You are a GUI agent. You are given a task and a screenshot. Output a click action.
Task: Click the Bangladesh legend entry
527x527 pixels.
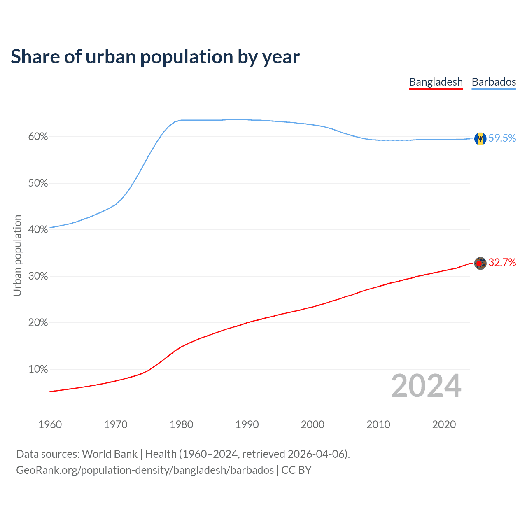click(x=436, y=82)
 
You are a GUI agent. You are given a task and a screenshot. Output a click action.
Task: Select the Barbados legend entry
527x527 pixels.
click(x=494, y=82)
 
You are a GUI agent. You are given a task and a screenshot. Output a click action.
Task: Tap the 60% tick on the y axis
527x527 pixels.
click(x=38, y=137)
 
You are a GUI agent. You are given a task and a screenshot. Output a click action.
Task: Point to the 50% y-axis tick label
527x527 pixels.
click(x=38, y=183)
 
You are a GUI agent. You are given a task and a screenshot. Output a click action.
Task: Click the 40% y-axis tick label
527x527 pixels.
click(x=38, y=230)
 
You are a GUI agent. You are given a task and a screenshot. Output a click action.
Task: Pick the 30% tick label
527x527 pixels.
click(x=38, y=276)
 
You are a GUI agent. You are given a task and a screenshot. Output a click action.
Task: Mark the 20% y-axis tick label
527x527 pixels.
click(x=38, y=323)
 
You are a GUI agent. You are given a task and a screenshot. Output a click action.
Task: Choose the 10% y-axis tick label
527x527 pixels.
click(x=38, y=369)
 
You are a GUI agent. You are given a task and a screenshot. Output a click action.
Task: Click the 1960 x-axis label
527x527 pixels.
click(x=50, y=424)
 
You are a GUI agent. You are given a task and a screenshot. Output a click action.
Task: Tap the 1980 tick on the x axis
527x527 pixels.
click(x=181, y=424)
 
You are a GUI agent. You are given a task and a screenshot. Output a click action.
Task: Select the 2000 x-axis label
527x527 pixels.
click(x=312, y=424)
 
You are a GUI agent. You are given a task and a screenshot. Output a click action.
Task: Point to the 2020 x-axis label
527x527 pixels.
click(x=444, y=424)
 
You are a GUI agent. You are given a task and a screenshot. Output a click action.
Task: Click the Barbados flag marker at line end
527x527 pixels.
click(x=480, y=139)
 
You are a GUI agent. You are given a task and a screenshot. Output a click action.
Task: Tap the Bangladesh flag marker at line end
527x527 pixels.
click(x=480, y=263)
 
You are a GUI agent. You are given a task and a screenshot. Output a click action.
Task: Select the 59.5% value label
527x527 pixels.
click(x=502, y=138)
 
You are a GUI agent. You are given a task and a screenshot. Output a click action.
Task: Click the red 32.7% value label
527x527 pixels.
click(x=502, y=263)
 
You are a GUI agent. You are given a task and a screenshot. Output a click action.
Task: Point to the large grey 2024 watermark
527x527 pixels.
click(x=426, y=386)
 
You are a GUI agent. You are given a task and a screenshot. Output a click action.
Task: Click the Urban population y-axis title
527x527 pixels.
click(x=17, y=255)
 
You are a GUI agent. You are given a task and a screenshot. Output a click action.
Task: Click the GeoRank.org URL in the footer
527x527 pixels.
click(x=145, y=470)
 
